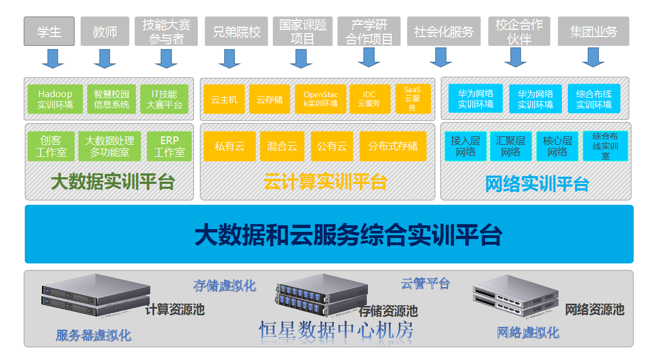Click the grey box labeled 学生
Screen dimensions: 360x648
[x=49, y=31]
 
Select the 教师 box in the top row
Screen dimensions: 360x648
[x=105, y=31]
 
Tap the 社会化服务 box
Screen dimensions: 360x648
[x=444, y=31]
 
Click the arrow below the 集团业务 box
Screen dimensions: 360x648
[x=593, y=57]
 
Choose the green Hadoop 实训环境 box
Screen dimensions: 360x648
[x=55, y=99]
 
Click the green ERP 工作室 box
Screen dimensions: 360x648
[x=170, y=146]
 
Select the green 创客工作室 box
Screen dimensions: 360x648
[x=51, y=146]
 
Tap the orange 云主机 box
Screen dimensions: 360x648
[x=224, y=99]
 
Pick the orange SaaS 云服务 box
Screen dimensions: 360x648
[x=413, y=99]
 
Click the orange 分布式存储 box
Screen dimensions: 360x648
[x=393, y=146]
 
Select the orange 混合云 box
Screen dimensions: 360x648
[x=282, y=146]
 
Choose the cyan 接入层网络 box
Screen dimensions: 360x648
[x=465, y=146]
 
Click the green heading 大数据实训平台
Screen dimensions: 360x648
[x=113, y=182]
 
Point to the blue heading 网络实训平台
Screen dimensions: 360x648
[x=537, y=183]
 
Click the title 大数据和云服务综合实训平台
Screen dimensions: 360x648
[x=348, y=235]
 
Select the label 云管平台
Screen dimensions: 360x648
[x=425, y=284]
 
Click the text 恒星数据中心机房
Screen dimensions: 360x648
[x=336, y=330]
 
